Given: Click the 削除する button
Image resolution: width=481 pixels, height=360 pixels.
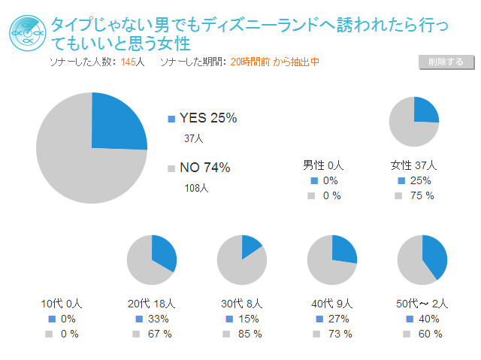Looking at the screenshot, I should (x=445, y=62).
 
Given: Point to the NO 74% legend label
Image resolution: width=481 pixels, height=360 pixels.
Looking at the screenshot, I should (x=204, y=168).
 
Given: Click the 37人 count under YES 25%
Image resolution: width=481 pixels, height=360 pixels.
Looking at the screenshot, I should (x=194, y=138).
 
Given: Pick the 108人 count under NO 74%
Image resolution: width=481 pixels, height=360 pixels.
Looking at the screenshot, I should (x=196, y=188).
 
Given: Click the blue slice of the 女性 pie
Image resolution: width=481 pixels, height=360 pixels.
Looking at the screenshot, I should (x=425, y=110).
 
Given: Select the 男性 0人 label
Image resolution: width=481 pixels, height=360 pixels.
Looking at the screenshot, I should (x=323, y=165).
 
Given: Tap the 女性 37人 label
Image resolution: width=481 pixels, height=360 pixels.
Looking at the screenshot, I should (x=413, y=165).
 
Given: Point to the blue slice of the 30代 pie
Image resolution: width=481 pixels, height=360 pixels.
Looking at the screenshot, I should (x=250, y=245).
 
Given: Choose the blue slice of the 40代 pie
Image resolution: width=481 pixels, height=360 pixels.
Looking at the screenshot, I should (x=343, y=249).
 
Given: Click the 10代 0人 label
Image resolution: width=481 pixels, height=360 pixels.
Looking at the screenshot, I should (x=61, y=304).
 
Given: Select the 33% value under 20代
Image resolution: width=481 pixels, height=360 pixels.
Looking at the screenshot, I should (x=159, y=319).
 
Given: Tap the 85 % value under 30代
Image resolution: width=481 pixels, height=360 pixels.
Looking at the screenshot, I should (x=251, y=334).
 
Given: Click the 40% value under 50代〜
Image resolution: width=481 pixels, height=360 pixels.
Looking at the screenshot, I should (x=429, y=319).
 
